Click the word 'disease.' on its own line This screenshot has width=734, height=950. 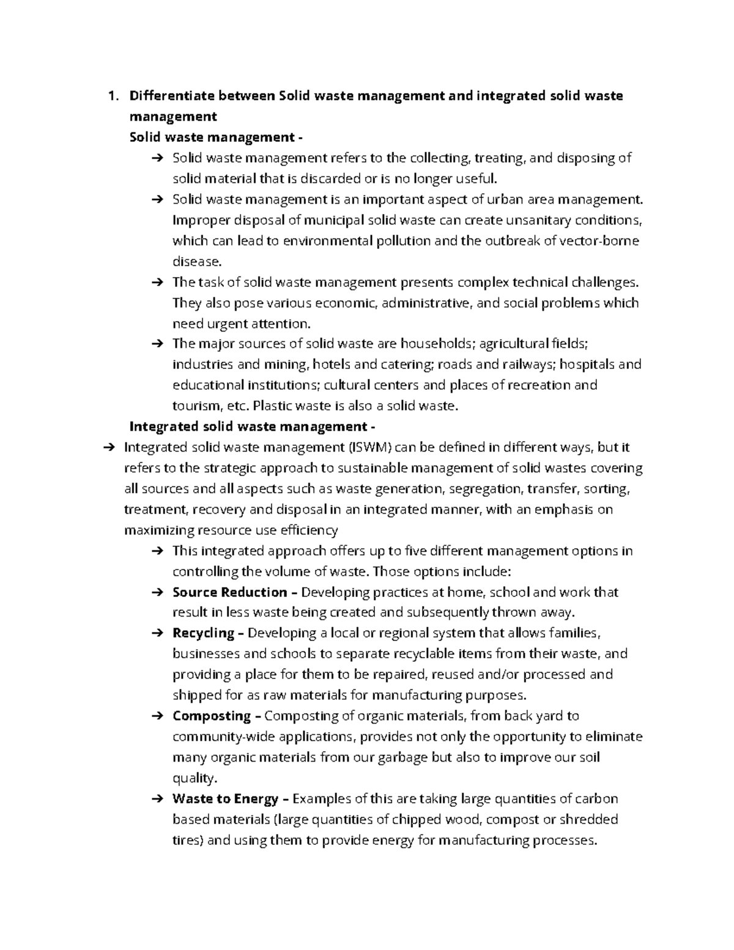196,261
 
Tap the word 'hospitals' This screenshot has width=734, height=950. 587,365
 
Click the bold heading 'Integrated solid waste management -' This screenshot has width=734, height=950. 252,426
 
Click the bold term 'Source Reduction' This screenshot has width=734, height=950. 229,592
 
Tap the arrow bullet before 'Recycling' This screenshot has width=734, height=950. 156,633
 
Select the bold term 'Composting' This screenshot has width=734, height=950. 212,716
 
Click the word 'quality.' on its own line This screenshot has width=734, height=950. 195,778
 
